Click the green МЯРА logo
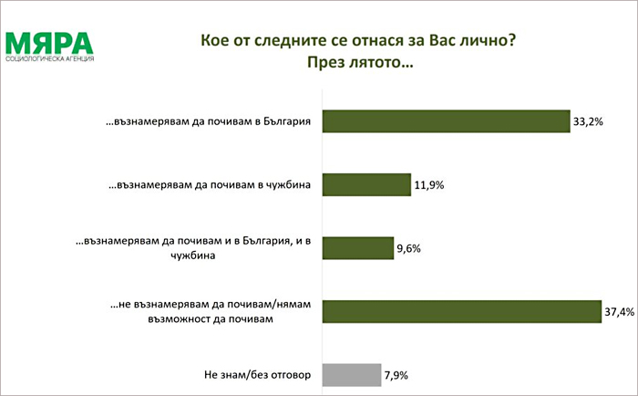pyautogui.click(x=49, y=44)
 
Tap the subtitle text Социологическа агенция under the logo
pyautogui.click(x=49, y=59)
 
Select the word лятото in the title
pyautogui.click(x=372, y=63)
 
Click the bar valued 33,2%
pyautogui.click(x=447, y=121)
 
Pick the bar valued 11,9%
pyautogui.click(x=366, y=185)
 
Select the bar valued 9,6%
pyautogui.click(x=358, y=248)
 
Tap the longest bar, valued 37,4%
pyautogui.click(x=462, y=312)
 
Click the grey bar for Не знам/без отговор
pyautogui.click(x=352, y=375)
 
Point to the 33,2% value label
pyautogui.click(x=588, y=122)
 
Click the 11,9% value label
pyautogui.click(x=429, y=185)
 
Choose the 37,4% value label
pyautogui.click(x=619, y=312)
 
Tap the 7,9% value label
pyautogui.click(x=396, y=375)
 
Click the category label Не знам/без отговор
pyautogui.click(x=257, y=375)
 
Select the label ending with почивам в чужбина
pyautogui.click(x=210, y=185)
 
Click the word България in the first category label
pyautogui.click(x=287, y=121)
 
